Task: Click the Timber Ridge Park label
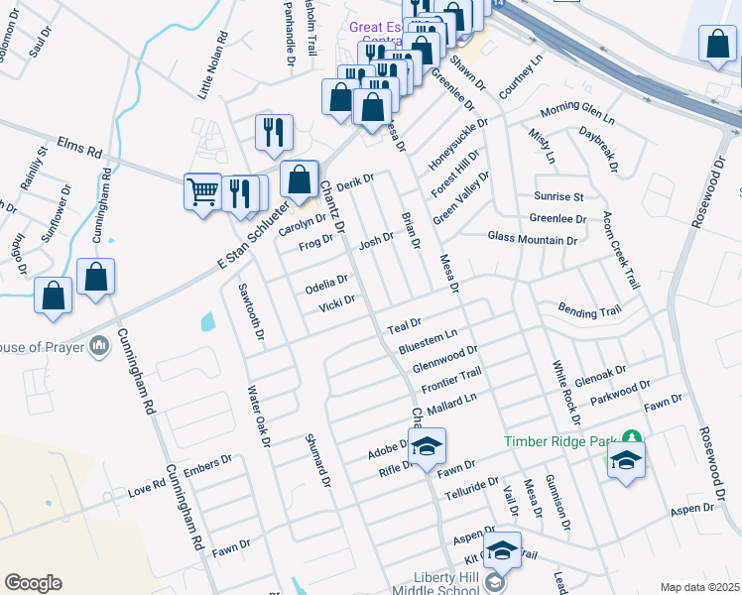[561, 441]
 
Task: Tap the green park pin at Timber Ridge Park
[631, 438]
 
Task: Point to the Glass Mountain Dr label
[532, 239]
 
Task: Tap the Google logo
[33, 583]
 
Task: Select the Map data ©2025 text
[699, 587]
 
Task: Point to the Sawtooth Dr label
[251, 312]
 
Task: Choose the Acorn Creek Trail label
[621, 253]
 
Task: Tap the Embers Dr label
[207, 465]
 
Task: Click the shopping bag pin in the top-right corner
[717, 44]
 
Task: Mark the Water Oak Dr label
[258, 416]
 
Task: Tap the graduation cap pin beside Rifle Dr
[428, 447]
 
